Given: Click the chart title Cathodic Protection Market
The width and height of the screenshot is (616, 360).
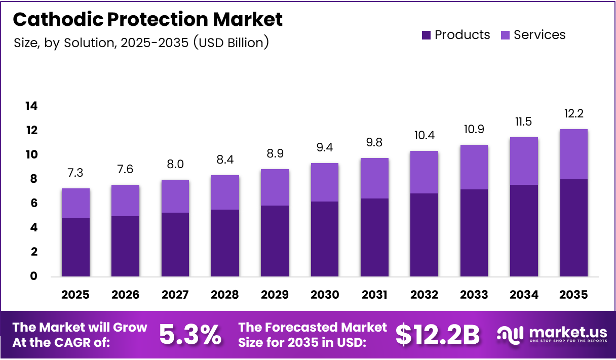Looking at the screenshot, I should coord(147,19).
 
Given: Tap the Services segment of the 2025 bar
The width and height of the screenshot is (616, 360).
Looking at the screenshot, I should coord(75,203).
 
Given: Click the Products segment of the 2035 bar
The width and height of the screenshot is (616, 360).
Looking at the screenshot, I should coord(573,228).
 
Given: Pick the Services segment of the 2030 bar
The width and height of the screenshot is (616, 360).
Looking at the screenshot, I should coord(324,182).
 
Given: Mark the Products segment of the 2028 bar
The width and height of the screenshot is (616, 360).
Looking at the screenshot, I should coord(225,243).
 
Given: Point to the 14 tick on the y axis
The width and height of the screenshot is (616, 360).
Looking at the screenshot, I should coord(31,106).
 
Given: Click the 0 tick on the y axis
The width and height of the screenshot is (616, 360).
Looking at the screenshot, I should coord(33,276).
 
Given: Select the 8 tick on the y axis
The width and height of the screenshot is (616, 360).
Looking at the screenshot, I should coord(33,179).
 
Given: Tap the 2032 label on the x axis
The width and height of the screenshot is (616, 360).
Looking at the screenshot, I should coord(424,295).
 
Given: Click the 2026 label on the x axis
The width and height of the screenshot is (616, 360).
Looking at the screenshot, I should coord(125,295).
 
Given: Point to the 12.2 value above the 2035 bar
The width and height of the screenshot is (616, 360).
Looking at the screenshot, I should coord(573,113).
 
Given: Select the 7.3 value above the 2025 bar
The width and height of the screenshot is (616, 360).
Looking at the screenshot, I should coord(75,173).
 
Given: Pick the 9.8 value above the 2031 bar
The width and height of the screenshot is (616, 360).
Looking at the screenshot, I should coord(374,143).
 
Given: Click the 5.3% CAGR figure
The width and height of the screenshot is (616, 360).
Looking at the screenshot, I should coord(190,335).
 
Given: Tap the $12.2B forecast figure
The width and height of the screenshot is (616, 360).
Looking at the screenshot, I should coord(437,335).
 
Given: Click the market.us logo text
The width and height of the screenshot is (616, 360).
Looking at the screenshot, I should coord(567,332).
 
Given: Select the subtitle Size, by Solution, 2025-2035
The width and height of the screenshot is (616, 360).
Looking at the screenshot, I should coord(141,43).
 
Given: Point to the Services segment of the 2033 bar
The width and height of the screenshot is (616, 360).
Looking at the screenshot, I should coord(474,167).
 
